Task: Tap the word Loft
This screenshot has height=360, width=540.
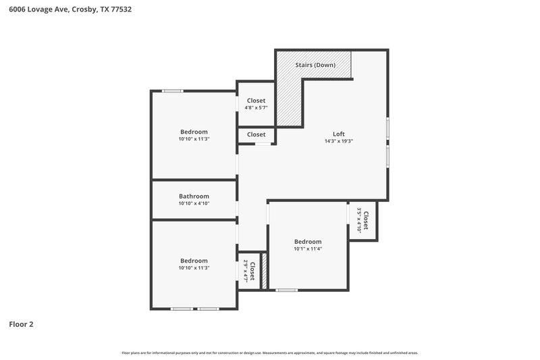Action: tap(338, 134)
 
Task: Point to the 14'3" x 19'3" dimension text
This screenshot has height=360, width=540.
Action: tap(338, 141)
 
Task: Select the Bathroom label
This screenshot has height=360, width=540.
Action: tap(194, 196)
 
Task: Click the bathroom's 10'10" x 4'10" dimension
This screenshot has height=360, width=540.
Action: tap(194, 203)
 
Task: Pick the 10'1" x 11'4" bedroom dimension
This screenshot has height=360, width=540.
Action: tap(308, 249)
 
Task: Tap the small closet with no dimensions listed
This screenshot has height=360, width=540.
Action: tap(256, 135)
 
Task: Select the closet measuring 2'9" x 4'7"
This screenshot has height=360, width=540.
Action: tap(249, 271)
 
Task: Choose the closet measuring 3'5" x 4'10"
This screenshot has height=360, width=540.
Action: tap(362, 220)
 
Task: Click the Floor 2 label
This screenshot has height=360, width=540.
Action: tap(21, 324)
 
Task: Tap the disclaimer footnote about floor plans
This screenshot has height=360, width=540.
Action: tap(270, 353)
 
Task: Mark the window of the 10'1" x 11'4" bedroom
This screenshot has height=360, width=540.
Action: tap(287, 290)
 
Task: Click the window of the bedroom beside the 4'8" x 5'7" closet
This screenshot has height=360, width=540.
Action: tap(171, 91)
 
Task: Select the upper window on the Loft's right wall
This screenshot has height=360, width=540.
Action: tap(387, 129)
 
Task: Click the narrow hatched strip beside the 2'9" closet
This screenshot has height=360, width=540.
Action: tap(265, 271)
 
